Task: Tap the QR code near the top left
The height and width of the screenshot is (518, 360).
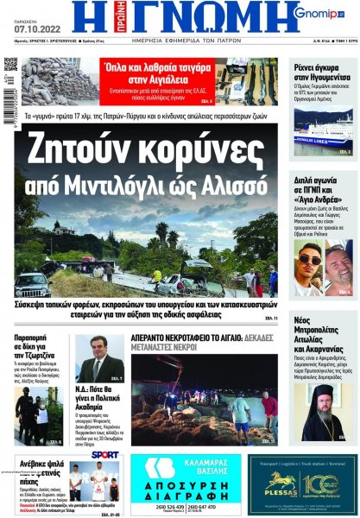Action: pyautogui.click(x=10, y=65)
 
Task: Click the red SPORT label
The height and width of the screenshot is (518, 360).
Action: pyautogui.click(x=104, y=454)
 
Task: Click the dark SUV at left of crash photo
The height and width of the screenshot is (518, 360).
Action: pyautogui.click(x=32, y=282)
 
